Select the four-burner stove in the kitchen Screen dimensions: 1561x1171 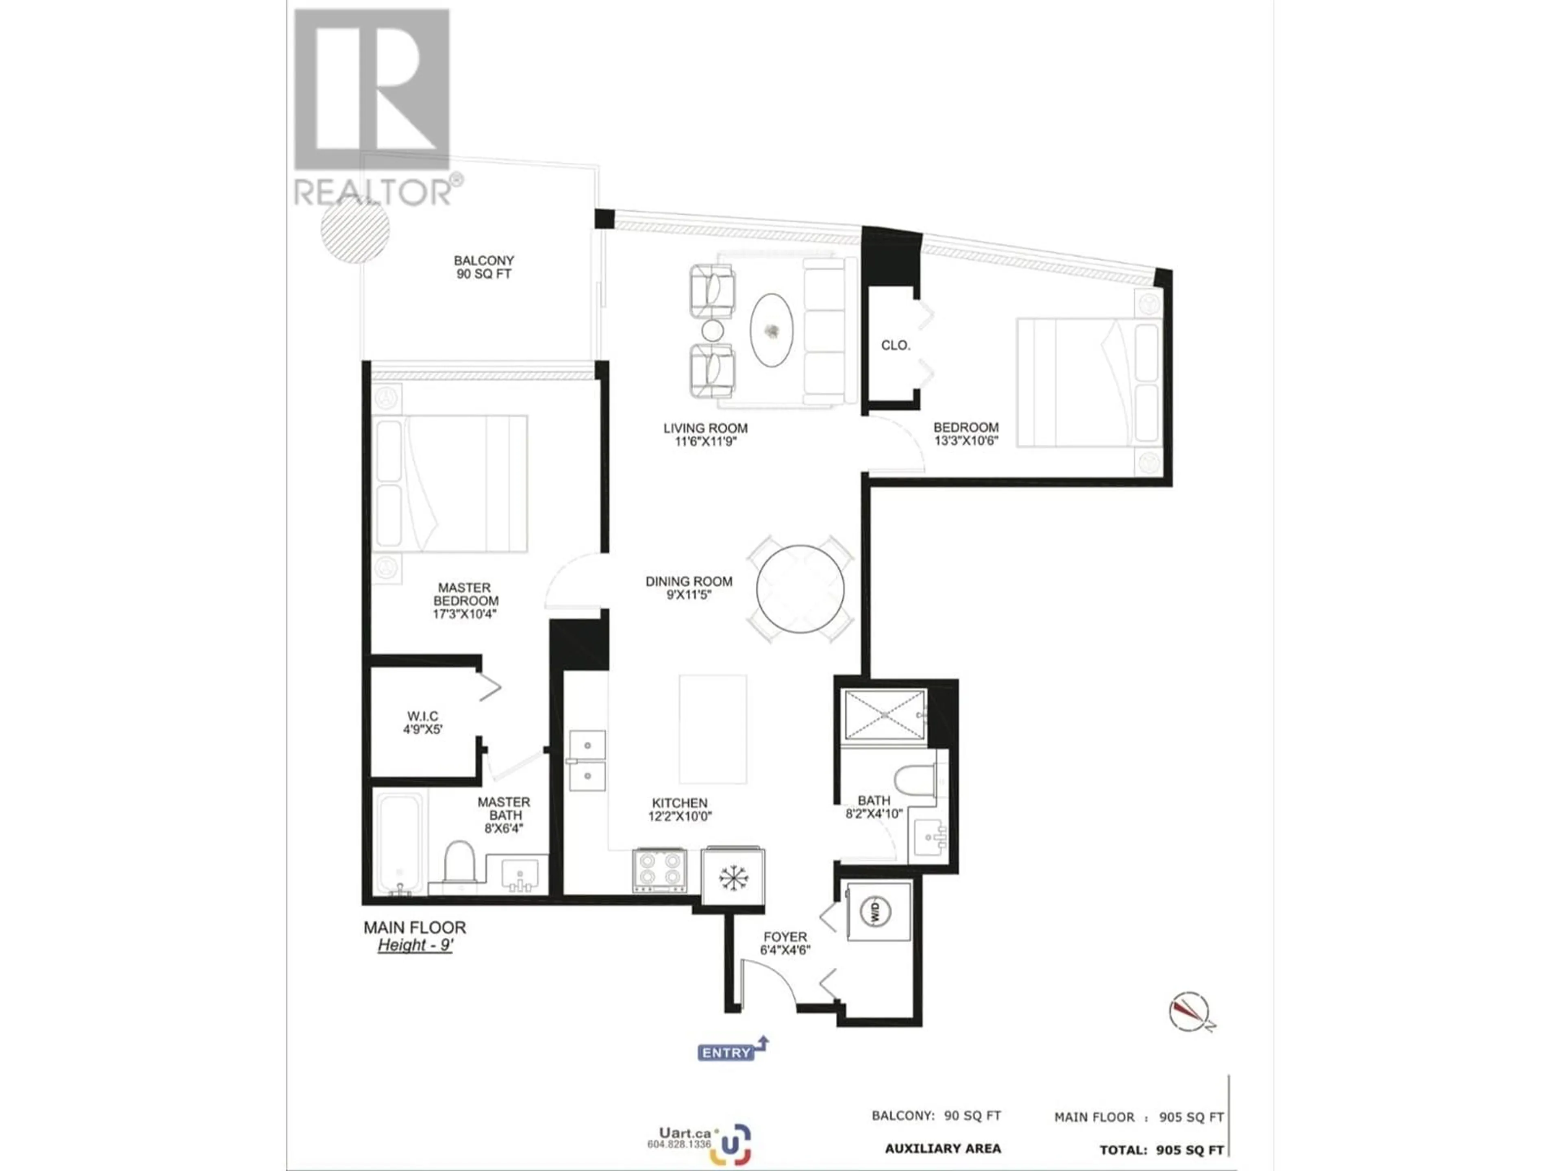click(659, 870)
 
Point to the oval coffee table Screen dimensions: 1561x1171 click(771, 330)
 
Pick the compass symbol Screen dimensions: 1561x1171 click(1190, 1012)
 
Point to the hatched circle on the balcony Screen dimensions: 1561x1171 click(355, 228)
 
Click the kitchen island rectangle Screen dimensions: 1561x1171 click(713, 729)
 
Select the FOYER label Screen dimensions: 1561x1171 click(785, 937)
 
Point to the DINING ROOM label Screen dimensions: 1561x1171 click(689, 581)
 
